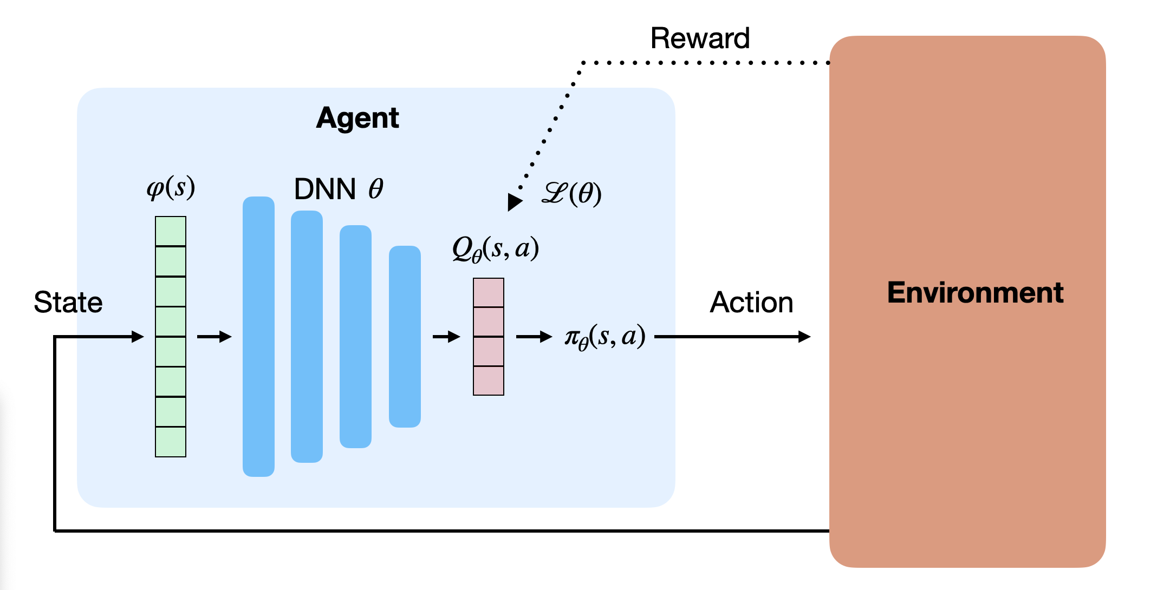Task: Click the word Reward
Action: click(700, 38)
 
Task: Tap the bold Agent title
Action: click(357, 118)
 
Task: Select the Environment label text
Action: click(975, 293)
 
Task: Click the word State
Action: click(68, 302)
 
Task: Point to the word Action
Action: click(751, 302)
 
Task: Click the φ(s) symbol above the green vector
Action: click(171, 188)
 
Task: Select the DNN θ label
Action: click(339, 189)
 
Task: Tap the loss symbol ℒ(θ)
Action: click(571, 193)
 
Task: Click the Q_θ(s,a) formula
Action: click(495, 249)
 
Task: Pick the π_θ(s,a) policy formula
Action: click(605, 337)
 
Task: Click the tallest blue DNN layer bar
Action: click(258, 336)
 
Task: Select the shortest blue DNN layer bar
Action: click(405, 336)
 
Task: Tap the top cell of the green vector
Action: click(171, 231)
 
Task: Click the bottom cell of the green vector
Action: click(171, 442)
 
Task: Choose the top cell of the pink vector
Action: click(489, 293)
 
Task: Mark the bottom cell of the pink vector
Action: click(489, 381)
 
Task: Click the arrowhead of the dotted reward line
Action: click(513, 202)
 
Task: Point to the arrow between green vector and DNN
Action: click(214, 337)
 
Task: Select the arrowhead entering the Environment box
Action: click(804, 337)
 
